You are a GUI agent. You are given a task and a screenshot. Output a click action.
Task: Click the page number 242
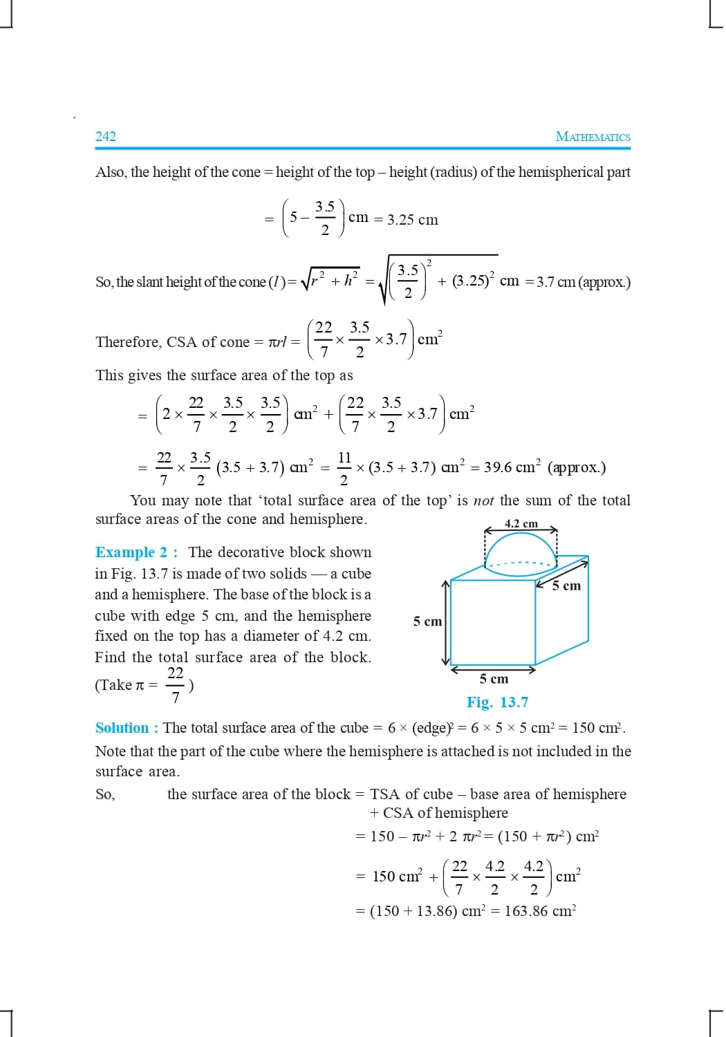pos(106,136)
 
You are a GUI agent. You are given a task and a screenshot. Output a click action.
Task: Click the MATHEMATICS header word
pos(593,137)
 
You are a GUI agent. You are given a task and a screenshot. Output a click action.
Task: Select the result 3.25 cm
pos(412,220)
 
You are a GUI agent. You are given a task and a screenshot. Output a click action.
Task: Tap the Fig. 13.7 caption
pos(497,702)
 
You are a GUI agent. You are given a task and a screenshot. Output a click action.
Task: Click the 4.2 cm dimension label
pos(521,523)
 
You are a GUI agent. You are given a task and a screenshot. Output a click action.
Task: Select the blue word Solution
pos(122,728)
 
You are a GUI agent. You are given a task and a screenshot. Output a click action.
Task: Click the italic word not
pos(483,501)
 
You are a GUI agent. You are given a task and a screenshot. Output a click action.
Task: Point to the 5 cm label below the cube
pos(493,679)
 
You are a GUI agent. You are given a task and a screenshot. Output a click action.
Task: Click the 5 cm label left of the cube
pos(427,622)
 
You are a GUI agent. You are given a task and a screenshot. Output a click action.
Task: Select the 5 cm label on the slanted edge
pos(566,586)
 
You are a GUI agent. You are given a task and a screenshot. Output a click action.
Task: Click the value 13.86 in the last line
pos(436,911)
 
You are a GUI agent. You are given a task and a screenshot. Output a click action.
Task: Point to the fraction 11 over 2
pos(344,467)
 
